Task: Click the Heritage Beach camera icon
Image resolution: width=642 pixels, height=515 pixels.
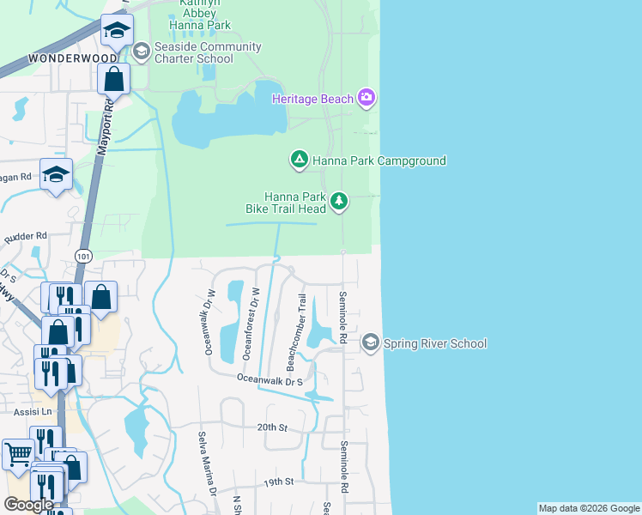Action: coord(366,99)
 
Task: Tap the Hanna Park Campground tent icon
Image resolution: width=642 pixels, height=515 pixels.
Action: coord(300,160)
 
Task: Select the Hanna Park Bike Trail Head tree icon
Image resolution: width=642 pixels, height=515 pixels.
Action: coord(340,202)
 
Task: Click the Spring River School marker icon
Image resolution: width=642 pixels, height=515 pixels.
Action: coord(370,343)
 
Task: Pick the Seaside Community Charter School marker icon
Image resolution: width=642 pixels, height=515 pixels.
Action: coord(140,52)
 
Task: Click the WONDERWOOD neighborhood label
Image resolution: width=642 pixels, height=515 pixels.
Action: coord(72,58)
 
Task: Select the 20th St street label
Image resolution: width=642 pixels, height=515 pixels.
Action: coord(270,427)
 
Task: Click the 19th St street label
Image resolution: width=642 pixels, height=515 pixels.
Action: coord(279,482)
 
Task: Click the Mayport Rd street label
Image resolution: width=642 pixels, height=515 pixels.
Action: coord(106,126)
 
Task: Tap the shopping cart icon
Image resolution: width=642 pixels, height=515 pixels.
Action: coord(17,452)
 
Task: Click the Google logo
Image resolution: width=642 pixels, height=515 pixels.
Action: coord(28,505)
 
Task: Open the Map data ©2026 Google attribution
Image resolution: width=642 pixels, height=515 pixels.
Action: coord(589,508)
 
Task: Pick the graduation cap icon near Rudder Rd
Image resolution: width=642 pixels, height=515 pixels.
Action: coord(56,175)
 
